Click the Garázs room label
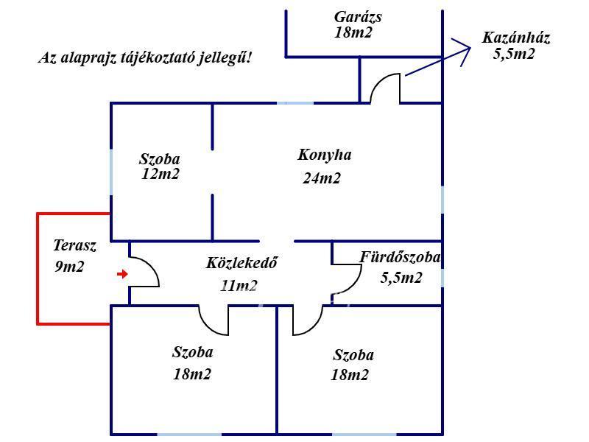(x=358, y=17)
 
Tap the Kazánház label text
(x=516, y=38)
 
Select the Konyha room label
(x=325, y=155)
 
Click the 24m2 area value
(x=322, y=178)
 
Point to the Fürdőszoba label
(x=400, y=258)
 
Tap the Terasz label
(x=75, y=246)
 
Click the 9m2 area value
(x=69, y=267)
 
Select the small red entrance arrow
(x=122, y=275)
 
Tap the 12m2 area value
(x=161, y=175)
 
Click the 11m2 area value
(x=239, y=286)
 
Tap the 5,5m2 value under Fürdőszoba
(x=401, y=278)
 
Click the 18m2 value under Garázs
(x=353, y=32)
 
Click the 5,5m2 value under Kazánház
(x=514, y=54)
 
